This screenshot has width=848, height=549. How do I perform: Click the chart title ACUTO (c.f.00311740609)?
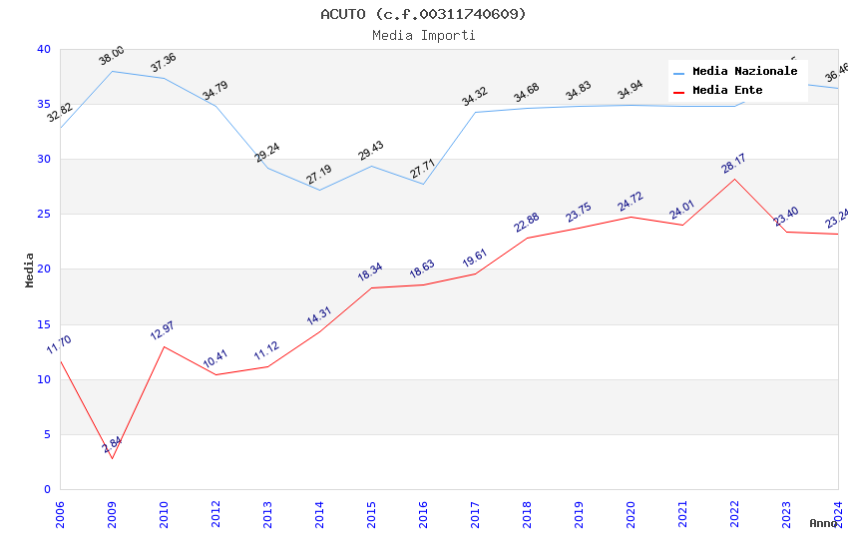click(x=423, y=14)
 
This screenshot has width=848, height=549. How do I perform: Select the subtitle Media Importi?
click(x=423, y=36)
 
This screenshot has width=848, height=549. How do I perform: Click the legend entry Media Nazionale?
click(x=744, y=72)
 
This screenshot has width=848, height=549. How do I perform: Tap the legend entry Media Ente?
click(x=727, y=91)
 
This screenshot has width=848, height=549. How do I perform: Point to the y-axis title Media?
click(x=30, y=270)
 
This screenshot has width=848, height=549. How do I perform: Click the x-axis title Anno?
click(x=823, y=523)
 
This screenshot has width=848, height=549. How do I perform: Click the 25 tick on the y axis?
click(x=43, y=215)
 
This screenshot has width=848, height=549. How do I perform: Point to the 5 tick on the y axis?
click(x=46, y=434)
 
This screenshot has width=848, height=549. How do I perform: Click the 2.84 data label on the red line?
click(x=113, y=445)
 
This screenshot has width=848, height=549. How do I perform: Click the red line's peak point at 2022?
click(x=734, y=179)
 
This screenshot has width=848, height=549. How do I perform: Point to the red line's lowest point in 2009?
click(x=112, y=458)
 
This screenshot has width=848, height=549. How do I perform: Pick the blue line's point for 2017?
click(x=475, y=112)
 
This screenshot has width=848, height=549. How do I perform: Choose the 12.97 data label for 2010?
click(x=164, y=330)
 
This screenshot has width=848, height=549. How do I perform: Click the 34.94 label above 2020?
click(x=631, y=91)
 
